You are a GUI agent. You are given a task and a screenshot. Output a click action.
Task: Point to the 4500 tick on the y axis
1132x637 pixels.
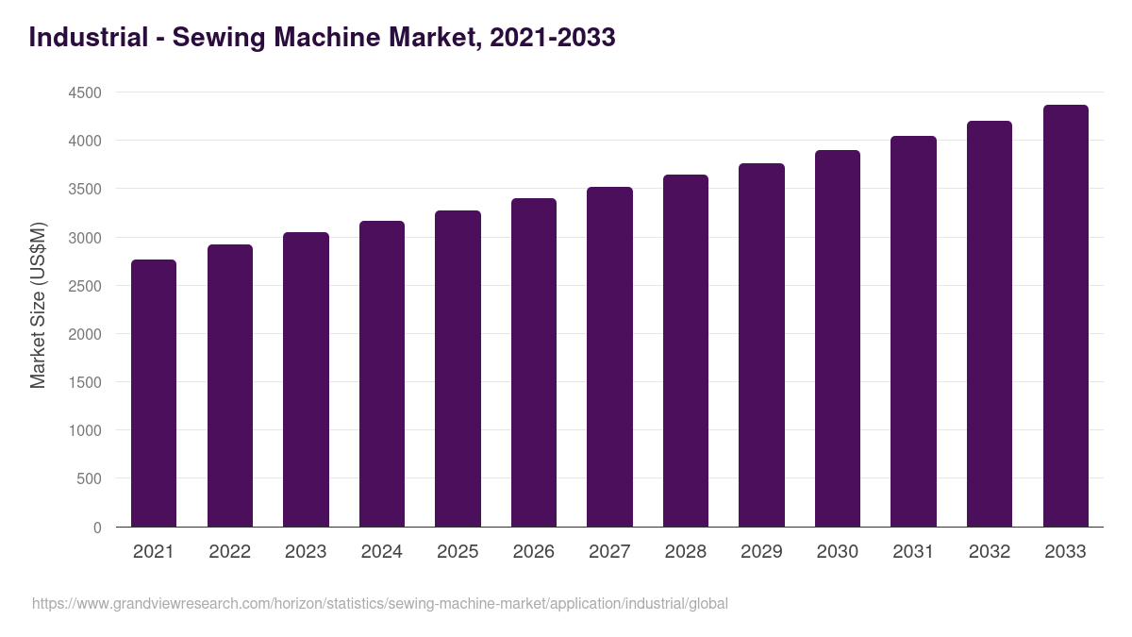tap(85, 92)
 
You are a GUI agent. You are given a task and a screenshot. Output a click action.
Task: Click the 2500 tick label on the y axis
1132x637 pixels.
tap(85, 286)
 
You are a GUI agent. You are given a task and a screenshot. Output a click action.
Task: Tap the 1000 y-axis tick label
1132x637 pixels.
tap(85, 431)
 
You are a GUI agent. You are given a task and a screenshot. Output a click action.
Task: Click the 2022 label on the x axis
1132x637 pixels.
tap(229, 552)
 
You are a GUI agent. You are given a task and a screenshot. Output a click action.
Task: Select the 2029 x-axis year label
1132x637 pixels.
tap(761, 552)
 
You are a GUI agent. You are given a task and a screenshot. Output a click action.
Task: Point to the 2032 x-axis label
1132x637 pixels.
tap(990, 552)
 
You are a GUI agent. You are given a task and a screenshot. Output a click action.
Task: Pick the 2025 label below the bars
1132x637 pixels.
tap(458, 552)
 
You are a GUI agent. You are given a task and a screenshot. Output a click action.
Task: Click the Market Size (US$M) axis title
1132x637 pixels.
tap(38, 305)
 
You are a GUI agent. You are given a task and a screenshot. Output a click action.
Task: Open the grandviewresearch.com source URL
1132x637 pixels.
tap(379, 603)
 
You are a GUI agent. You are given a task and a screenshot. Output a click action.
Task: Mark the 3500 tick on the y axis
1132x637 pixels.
tap(85, 189)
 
